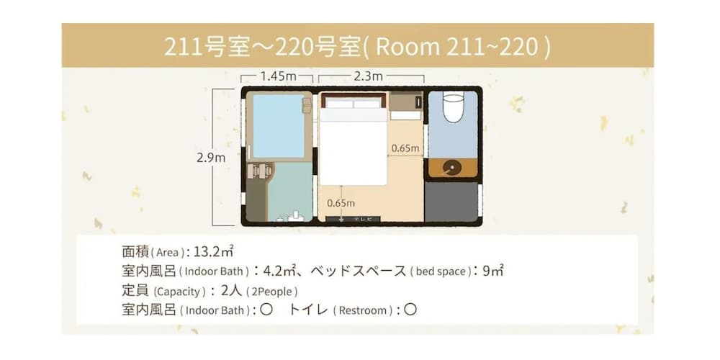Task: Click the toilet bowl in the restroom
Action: tap(452, 107)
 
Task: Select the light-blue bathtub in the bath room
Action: tap(279, 127)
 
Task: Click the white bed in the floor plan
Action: tap(353, 144)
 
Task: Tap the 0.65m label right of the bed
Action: tap(405, 148)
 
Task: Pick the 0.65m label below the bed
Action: tap(341, 202)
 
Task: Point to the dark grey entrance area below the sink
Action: tap(451, 202)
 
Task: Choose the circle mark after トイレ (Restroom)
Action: tap(410, 310)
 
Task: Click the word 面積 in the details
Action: tap(136, 252)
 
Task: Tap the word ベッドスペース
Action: tap(358, 271)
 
